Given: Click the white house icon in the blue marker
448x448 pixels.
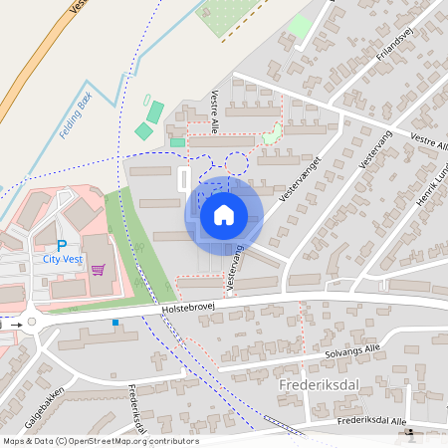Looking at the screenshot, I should (224, 215).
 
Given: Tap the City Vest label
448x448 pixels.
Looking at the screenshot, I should (63, 258).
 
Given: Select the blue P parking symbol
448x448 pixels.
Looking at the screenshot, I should (62, 245).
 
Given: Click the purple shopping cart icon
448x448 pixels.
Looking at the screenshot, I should (98, 268).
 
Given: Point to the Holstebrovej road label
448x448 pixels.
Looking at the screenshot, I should (193, 312).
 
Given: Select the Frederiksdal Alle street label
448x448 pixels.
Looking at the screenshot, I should (372, 421).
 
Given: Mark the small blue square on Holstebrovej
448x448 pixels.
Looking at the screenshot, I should (115, 322).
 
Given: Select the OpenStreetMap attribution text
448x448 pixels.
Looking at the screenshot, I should (100, 441).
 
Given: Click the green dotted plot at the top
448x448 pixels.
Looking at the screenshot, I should (229, 15).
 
